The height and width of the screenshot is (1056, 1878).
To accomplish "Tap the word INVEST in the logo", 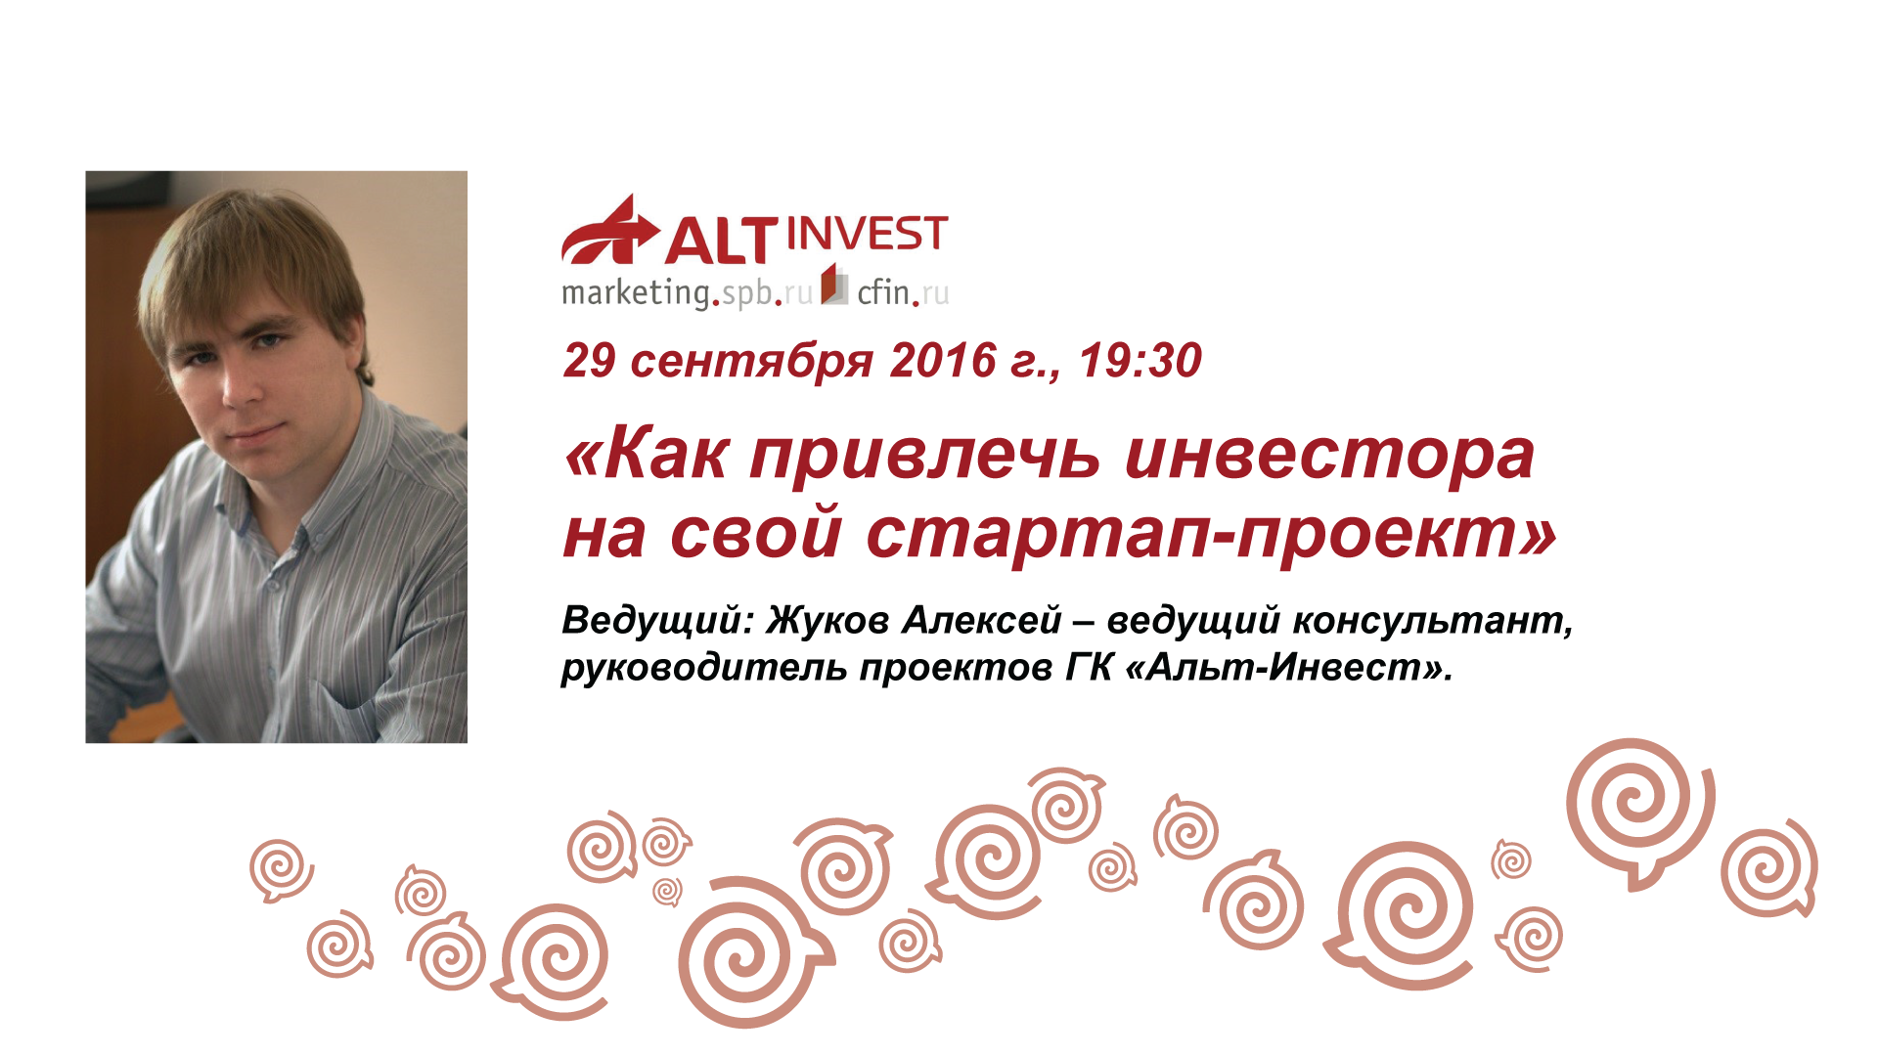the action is point(867,235).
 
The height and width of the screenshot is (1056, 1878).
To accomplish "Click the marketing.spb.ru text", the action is point(687,292).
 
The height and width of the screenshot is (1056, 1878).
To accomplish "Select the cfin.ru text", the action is point(903,292).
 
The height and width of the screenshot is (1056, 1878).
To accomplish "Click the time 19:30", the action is point(1140,361).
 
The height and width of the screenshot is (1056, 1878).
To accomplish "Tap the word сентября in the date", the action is point(751,363).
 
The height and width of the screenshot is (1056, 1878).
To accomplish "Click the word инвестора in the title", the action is point(1329,457).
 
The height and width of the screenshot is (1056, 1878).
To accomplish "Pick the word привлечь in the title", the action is point(924,457).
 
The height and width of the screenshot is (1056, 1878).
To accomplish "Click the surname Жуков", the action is point(827,620).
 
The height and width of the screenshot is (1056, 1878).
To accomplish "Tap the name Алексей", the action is point(982,620).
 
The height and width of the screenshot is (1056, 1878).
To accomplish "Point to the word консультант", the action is point(1433,621).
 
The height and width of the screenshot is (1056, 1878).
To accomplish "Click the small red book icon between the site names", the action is point(834,285).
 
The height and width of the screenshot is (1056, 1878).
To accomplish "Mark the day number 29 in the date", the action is point(590,361).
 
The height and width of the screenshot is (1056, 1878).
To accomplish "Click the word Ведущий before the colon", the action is point(650,621).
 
